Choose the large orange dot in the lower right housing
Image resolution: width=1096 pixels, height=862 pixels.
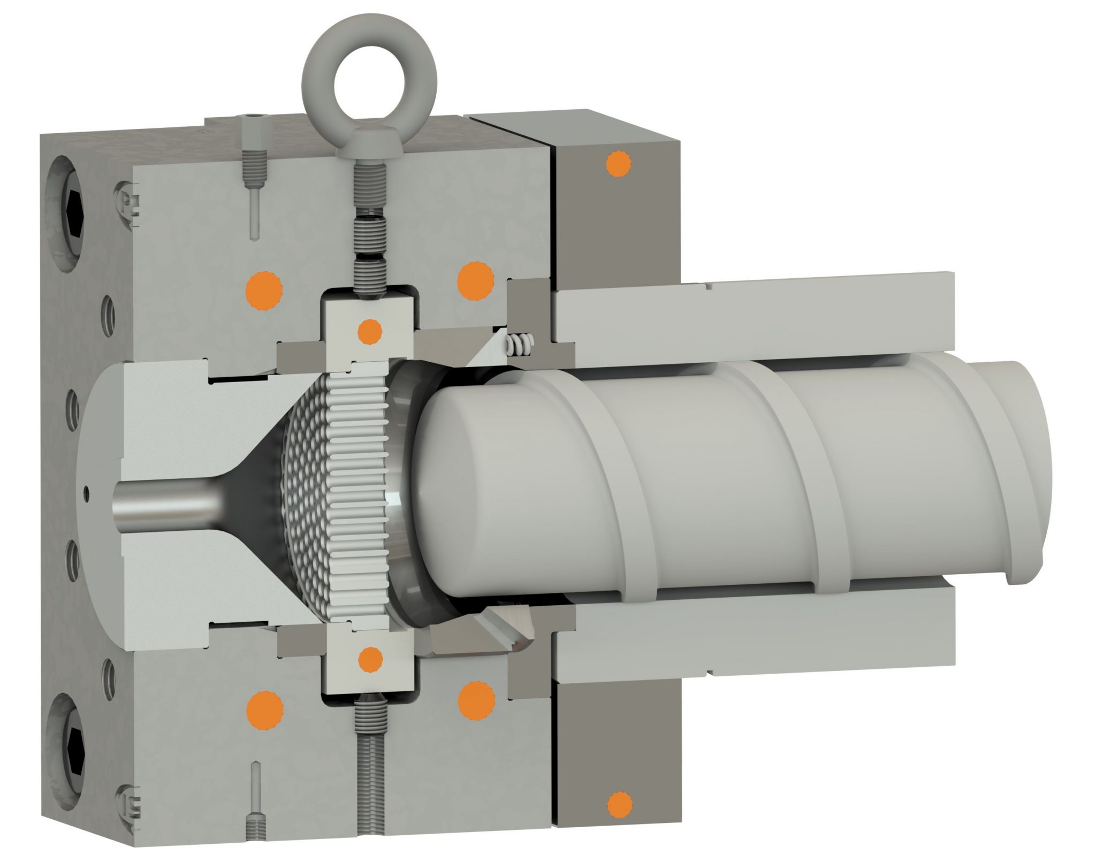coord(476,698)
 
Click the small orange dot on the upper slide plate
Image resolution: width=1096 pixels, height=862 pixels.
coord(369,331)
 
